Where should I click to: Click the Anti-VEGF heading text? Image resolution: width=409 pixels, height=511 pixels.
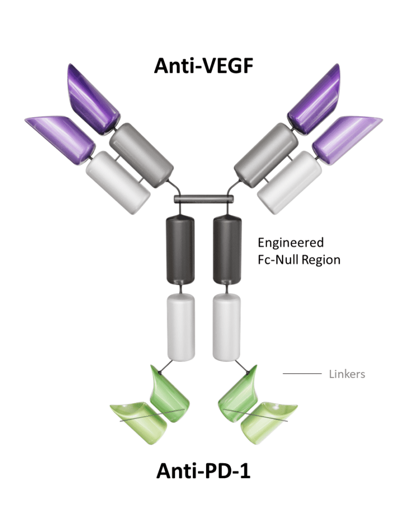coord(204,65)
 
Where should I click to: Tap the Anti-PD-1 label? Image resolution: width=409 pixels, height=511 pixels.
coord(204,470)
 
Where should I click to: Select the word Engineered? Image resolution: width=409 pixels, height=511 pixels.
coord(290,243)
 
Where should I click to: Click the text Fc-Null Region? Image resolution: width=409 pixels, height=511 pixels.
coord(299,260)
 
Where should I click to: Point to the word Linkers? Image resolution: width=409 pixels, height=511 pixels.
coord(347,374)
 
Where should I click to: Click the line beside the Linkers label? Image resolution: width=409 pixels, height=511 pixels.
coord(302,373)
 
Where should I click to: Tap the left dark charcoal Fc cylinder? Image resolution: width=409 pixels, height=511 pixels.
coord(180,250)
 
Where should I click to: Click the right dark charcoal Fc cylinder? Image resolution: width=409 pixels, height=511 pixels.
coord(227,250)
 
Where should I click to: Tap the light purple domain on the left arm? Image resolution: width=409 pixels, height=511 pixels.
coord(60,137)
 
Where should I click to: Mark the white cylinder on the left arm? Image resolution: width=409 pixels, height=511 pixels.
coord(118,182)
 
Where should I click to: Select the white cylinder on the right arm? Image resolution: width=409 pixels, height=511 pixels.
coord(290,182)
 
